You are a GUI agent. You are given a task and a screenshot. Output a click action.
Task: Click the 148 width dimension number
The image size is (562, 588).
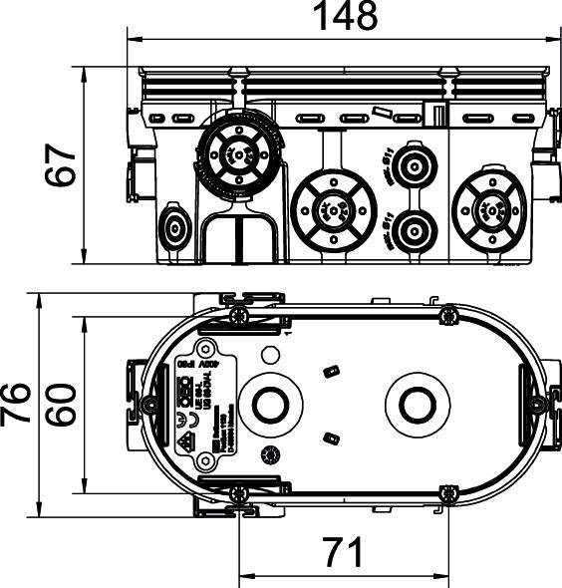tap(346, 17)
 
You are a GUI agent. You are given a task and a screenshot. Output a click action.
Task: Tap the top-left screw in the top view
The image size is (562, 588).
tap(239, 316)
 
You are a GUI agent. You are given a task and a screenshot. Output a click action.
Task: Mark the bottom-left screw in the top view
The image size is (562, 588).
tap(239, 493)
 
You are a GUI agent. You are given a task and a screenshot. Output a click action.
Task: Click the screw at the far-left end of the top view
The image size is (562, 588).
tap(148, 405)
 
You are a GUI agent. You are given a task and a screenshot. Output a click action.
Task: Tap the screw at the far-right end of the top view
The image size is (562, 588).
tap(538, 405)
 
